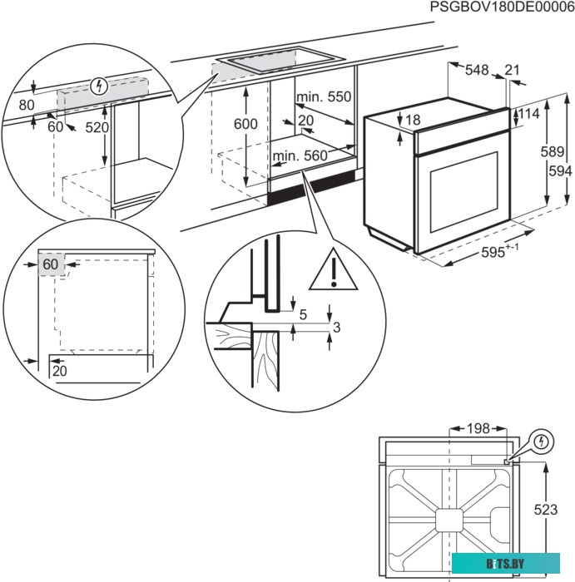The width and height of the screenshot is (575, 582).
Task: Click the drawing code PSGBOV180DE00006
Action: coord(502,7)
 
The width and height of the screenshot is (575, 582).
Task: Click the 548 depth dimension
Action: coord(477,71)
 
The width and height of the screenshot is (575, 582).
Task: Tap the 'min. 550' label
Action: coord(325,97)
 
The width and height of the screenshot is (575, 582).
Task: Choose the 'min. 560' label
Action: coord(300,155)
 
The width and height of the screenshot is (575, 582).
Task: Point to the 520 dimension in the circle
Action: coord(97,127)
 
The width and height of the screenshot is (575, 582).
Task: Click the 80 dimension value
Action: coord(26,105)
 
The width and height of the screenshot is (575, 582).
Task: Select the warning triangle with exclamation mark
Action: coord(334,269)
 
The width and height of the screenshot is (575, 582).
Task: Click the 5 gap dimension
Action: coord(303,314)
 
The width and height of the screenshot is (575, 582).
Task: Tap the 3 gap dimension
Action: coord(336,328)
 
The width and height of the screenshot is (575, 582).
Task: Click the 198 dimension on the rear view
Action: coord(477,429)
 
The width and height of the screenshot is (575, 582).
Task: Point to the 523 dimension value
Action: coord(546,509)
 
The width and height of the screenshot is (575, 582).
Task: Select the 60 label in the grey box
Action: coord(51,264)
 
